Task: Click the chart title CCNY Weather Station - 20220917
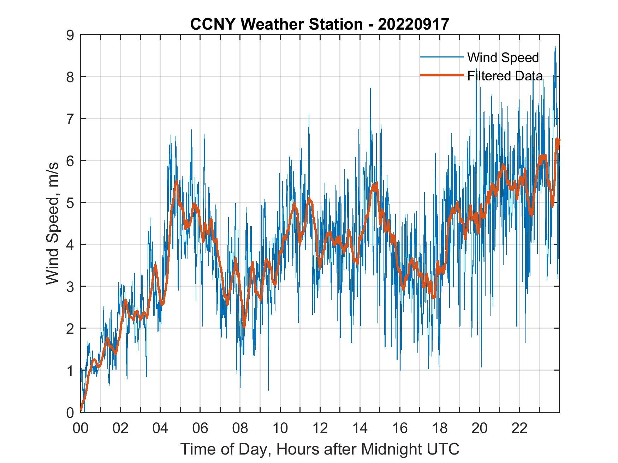[320, 24]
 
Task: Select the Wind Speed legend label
[503, 57]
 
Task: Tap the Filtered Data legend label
[505, 76]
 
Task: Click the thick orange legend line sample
[442, 75]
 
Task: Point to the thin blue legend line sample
[442, 57]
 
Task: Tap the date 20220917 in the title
[414, 24]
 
